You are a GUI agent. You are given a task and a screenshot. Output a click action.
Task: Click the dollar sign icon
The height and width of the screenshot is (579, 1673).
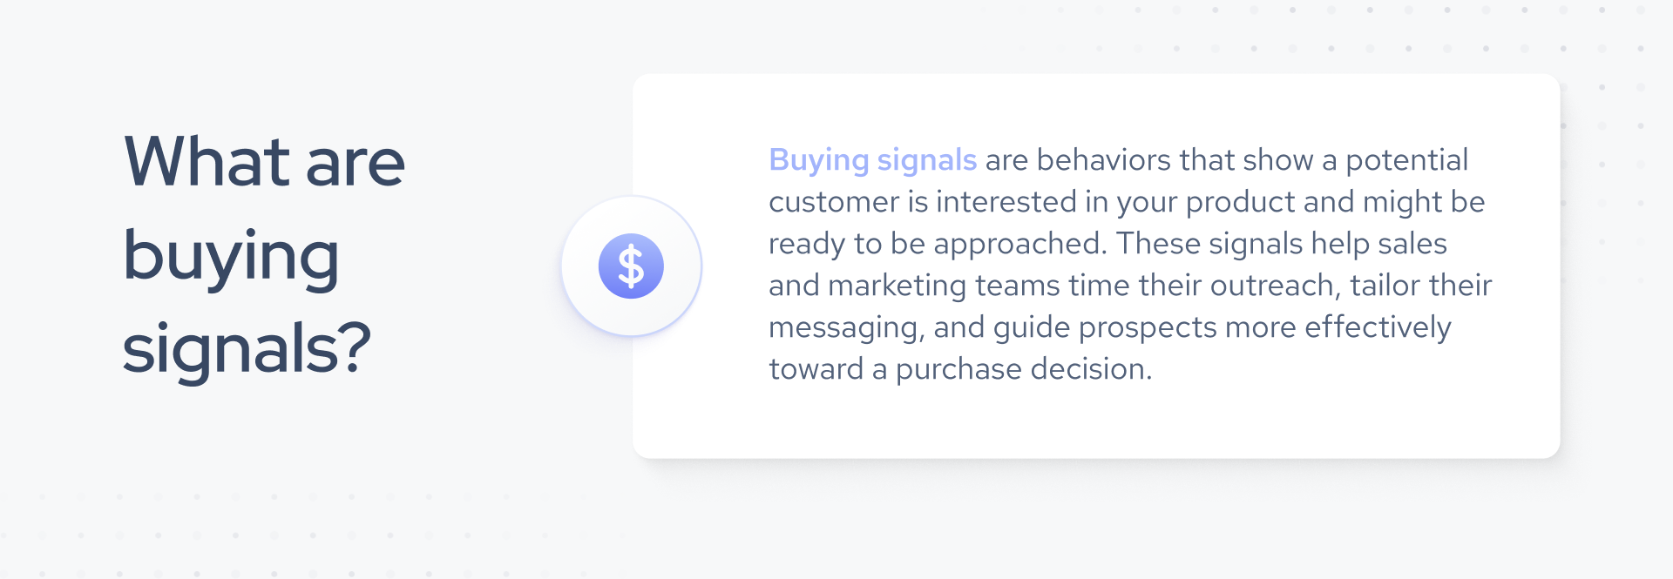[631, 266]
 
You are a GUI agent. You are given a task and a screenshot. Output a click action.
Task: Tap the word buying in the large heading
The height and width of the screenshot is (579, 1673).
[231, 258]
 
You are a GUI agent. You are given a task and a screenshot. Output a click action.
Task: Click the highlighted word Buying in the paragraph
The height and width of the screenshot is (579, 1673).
[818, 161]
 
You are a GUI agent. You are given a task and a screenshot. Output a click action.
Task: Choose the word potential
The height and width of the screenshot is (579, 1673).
[1406, 160]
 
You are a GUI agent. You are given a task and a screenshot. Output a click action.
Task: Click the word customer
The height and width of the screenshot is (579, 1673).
[833, 202]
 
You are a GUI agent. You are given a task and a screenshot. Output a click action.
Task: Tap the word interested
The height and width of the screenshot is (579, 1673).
[1006, 202]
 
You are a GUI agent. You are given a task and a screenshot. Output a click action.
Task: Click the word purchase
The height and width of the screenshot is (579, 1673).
[958, 370]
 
